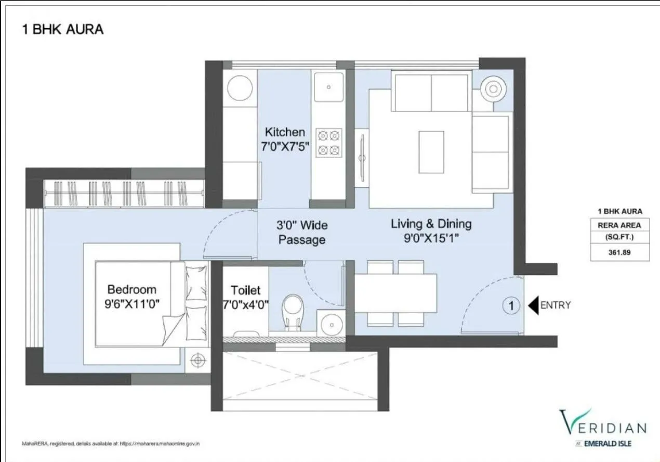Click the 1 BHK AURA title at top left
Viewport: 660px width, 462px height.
(62, 29)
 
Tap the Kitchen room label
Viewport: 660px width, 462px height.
(285, 132)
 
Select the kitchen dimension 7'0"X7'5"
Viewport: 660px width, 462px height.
(285, 147)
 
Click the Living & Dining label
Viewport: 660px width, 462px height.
(431, 224)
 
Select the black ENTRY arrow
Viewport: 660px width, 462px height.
(533, 305)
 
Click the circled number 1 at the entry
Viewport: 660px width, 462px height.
(511, 306)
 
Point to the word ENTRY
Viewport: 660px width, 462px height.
(556, 305)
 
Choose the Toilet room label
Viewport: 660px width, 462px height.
(246, 290)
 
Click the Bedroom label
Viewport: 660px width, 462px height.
(131, 289)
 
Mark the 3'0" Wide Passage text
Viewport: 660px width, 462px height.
(302, 233)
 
